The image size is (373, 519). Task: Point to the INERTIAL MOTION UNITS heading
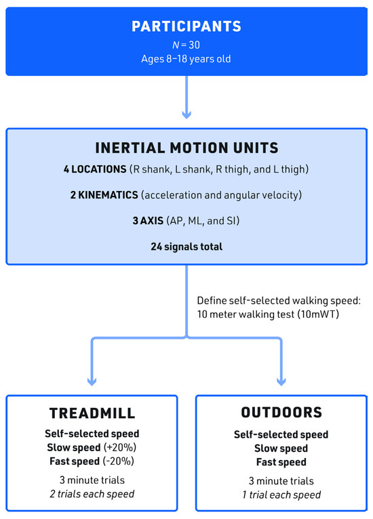[186, 146]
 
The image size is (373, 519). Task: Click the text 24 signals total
[186, 247]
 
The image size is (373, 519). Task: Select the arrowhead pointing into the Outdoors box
[281, 381]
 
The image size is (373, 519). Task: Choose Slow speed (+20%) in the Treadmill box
[91, 448]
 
